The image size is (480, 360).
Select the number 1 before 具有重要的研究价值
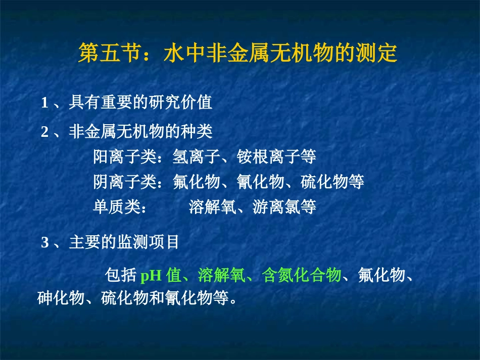(x=44, y=103)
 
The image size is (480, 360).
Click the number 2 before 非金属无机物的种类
(x=44, y=132)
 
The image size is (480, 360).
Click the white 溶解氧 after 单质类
(x=212, y=207)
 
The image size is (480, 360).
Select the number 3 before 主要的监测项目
(x=44, y=243)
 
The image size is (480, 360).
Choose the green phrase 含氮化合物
(x=302, y=276)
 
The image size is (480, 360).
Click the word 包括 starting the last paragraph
(x=120, y=276)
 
